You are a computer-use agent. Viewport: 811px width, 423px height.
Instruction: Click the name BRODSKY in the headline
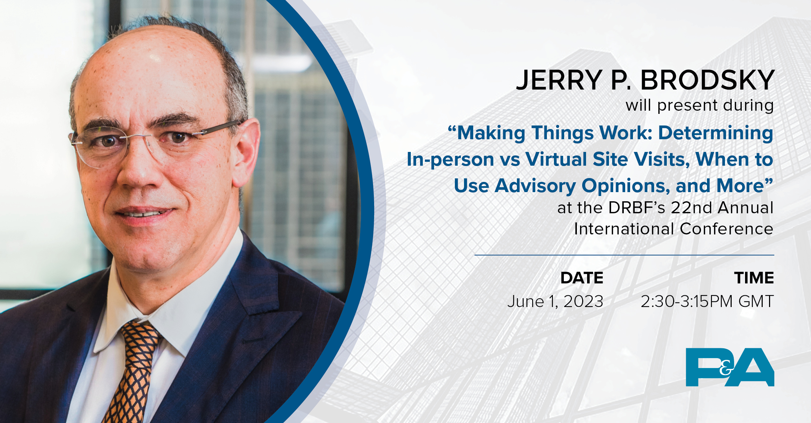[x=707, y=80]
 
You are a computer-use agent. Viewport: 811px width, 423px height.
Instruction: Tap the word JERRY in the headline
[x=559, y=80]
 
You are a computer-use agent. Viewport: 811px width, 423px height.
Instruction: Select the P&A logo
[x=730, y=367]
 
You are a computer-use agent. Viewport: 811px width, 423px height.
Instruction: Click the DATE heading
[x=582, y=278]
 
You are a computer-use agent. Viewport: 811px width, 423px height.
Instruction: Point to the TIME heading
[x=754, y=278]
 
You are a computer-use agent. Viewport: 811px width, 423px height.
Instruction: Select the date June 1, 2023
[x=555, y=302]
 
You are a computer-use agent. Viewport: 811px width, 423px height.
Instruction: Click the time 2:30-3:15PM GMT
[x=707, y=301]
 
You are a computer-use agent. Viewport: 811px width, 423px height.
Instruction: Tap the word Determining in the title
[x=716, y=134]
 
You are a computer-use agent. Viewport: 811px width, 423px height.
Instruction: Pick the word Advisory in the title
[x=535, y=186]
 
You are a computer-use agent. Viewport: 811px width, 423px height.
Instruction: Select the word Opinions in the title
[x=626, y=186]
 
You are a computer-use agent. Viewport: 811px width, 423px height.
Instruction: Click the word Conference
[x=727, y=229]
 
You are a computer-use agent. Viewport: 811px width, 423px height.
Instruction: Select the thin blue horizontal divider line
[x=624, y=255]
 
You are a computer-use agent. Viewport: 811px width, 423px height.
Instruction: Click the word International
[x=624, y=229]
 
